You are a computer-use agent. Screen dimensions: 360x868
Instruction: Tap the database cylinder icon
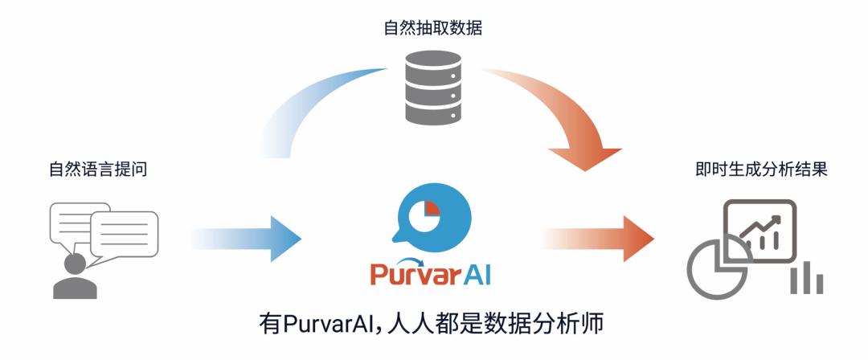click(433, 88)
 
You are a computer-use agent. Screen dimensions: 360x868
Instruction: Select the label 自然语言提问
click(98, 170)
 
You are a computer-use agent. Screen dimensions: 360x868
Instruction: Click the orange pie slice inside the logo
click(432, 208)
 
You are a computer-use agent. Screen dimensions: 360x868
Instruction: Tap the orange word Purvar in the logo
click(411, 274)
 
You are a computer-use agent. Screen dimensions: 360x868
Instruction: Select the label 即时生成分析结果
click(760, 170)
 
